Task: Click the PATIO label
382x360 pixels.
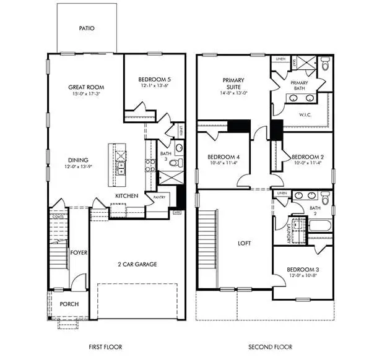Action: (x=87, y=28)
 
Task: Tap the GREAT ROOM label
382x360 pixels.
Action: (x=85, y=88)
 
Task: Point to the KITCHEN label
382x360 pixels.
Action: (x=126, y=196)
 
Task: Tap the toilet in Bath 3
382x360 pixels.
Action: (x=175, y=163)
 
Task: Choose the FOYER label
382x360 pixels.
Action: (x=78, y=252)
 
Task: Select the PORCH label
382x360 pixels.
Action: (x=68, y=304)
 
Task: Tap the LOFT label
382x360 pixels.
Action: (x=245, y=243)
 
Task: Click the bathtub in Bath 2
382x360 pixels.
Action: (x=319, y=225)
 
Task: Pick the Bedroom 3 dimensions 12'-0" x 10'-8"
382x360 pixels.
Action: (x=302, y=275)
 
